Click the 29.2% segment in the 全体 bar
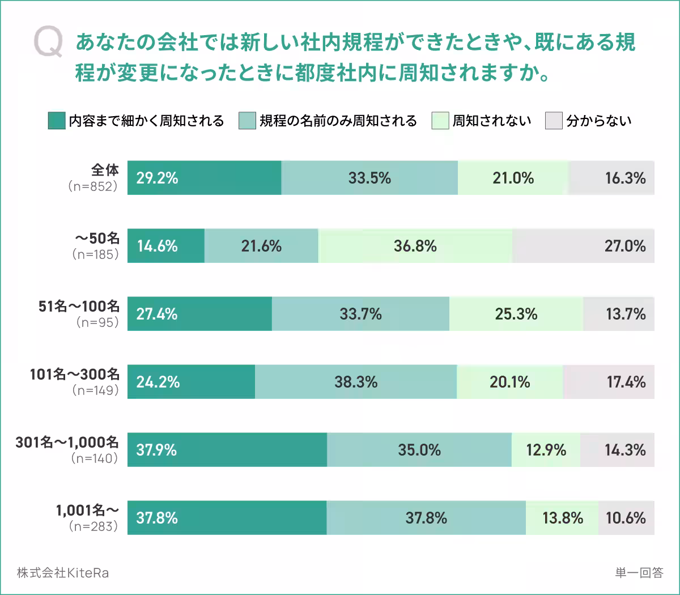point(204,178)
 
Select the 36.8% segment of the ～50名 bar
point(415,246)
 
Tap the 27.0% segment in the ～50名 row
point(584,246)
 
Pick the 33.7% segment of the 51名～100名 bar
point(360,314)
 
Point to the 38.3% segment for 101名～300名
point(356,382)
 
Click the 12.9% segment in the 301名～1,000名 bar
point(546,450)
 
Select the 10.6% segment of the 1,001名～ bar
point(626,518)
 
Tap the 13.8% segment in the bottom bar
point(562,518)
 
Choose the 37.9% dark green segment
point(227,450)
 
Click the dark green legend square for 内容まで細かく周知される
point(57,121)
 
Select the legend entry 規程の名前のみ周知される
point(338,121)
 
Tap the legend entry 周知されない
point(491,121)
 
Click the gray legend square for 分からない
point(554,121)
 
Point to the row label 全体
point(105,169)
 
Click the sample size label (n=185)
point(96,254)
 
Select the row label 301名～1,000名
point(67,442)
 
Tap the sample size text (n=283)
point(94,526)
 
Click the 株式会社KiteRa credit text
point(63,573)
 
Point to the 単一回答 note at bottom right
point(639,573)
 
